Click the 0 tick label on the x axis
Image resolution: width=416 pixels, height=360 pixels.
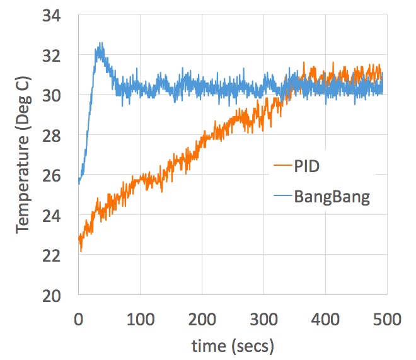78,319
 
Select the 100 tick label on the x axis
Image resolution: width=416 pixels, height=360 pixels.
139,319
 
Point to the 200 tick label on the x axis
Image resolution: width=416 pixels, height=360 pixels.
201,319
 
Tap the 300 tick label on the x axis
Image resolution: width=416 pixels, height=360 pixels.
263,319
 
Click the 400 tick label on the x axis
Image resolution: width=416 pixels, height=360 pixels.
325,319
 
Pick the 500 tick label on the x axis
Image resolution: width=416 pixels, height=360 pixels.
386,319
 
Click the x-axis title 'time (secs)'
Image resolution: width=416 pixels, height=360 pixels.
233,345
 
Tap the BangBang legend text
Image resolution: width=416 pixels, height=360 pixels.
332,197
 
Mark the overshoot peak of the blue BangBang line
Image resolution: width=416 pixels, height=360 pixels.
99,45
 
